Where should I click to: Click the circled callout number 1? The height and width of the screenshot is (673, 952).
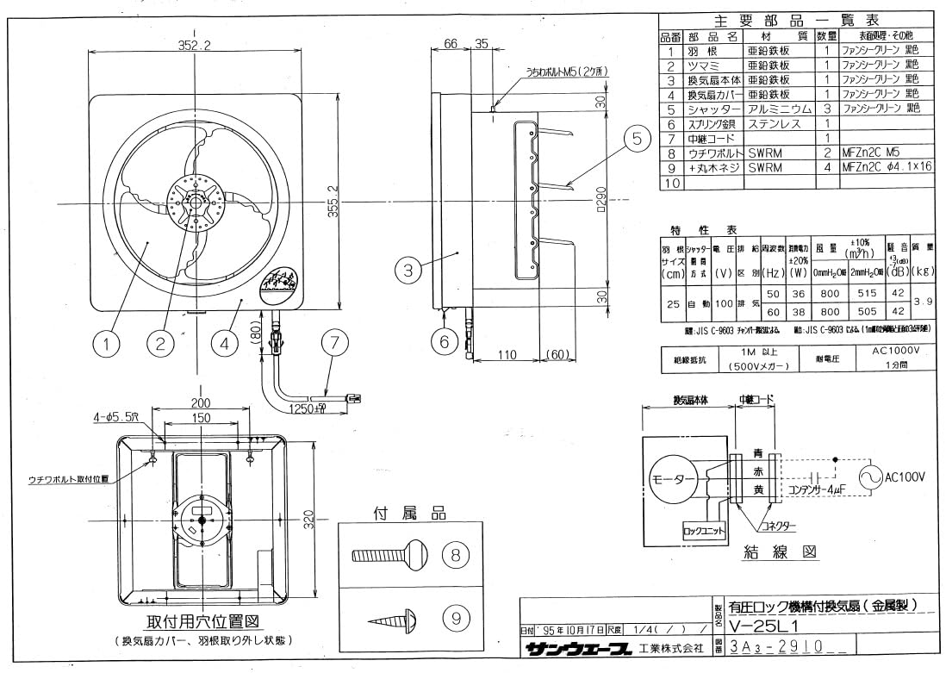pyautogui.click(x=106, y=345)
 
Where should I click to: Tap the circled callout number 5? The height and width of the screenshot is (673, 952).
pyautogui.click(x=636, y=138)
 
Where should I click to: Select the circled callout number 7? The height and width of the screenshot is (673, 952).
pyautogui.click(x=334, y=341)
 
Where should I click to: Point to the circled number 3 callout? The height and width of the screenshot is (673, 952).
pyautogui.click(x=408, y=271)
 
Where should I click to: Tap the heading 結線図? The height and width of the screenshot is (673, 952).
pyautogui.click(x=780, y=552)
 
